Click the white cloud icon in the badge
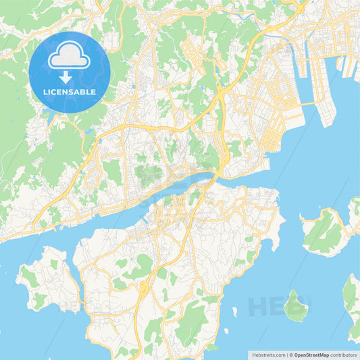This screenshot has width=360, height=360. [70, 57]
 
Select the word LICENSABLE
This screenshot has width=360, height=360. [70, 92]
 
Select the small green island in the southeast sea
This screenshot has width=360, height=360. [294, 306]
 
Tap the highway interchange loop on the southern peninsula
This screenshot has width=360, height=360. [144, 290]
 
